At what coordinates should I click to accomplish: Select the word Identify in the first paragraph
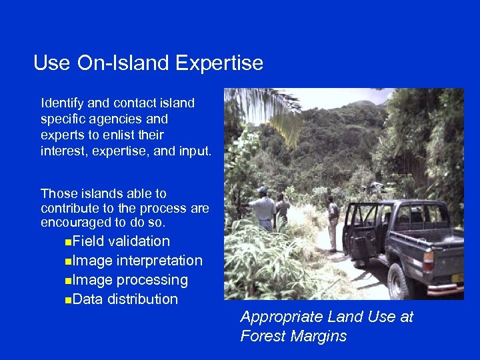coord(61,103)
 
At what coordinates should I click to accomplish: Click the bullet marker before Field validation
coord(70,242)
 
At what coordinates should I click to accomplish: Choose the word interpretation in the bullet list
coord(159,261)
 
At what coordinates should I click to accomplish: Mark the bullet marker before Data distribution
coord(70,300)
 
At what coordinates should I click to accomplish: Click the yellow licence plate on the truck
coord(457,277)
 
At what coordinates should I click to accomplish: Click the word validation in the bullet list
coord(139,241)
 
